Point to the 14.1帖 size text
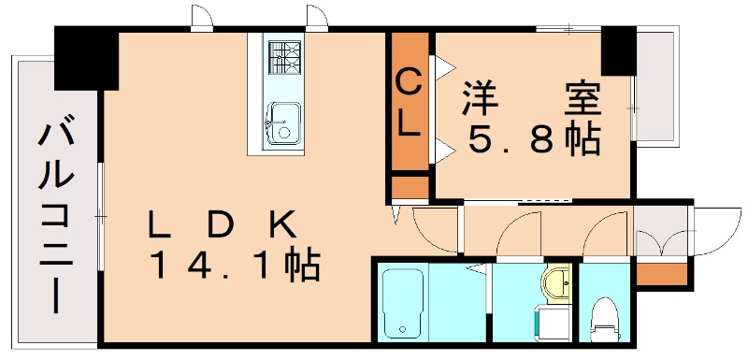point(235,266)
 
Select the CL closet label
point(410,103)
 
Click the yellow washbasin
point(558,281)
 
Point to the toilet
point(605,318)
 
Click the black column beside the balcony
point(86,58)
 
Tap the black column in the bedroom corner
point(618,51)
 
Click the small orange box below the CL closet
point(409,187)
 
